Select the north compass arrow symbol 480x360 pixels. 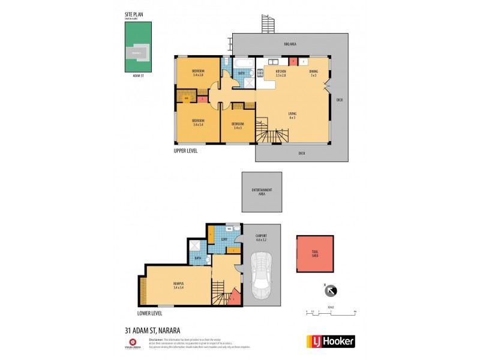click(x=330, y=291)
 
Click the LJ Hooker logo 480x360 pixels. click(x=331, y=341)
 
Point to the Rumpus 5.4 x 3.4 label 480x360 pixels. click(x=179, y=287)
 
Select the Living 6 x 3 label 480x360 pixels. click(x=292, y=115)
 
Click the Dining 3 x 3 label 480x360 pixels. click(x=313, y=73)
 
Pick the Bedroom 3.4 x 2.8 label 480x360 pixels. click(x=198, y=73)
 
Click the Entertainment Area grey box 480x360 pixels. click(x=262, y=191)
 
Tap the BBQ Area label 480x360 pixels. click(x=290, y=45)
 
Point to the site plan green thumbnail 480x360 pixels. click(x=136, y=51)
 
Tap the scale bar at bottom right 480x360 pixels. click(x=331, y=312)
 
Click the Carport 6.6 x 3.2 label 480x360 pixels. click(x=260, y=238)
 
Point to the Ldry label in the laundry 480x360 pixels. click(x=223, y=239)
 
